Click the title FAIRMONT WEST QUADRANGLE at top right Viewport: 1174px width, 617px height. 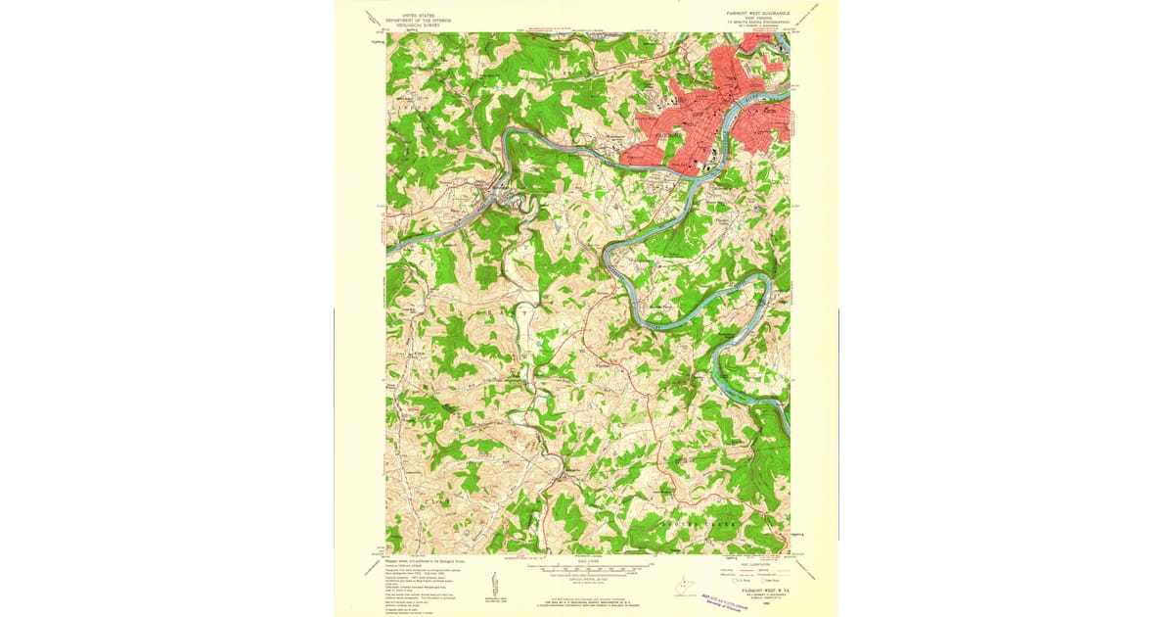click(x=756, y=15)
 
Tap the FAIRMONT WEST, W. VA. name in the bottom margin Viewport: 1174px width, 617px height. click(x=766, y=592)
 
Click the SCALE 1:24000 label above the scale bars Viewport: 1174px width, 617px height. click(x=587, y=560)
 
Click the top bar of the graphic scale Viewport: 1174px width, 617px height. click(x=587, y=566)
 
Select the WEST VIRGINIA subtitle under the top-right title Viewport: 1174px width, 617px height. click(x=756, y=20)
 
